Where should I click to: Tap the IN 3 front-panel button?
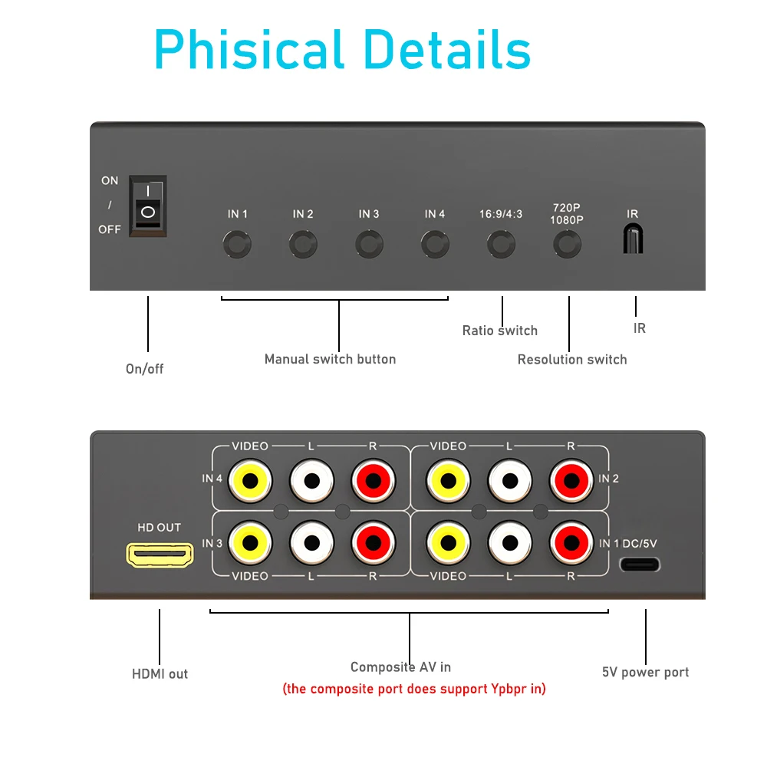pos(369,245)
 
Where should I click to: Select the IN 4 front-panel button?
pos(435,245)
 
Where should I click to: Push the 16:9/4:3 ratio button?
pos(502,245)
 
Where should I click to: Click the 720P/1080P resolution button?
pos(568,245)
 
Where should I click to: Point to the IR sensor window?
pos(633,239)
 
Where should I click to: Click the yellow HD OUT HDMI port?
pos(160,554)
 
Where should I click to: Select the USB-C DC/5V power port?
pos(640,565)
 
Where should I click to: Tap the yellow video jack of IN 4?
pos(250,480)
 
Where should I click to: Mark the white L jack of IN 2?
pos(510,480)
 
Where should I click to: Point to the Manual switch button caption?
pos(330,359)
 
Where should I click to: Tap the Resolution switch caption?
pos(572,360)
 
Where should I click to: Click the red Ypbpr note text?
pos(414,689)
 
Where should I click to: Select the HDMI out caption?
pos(160,674)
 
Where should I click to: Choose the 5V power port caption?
pos(645,673)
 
